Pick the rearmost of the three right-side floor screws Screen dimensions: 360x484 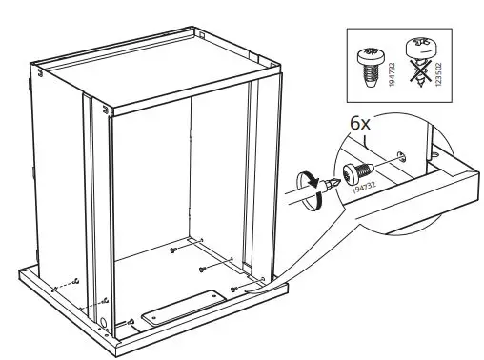pyautogui.click(x=173, y=250)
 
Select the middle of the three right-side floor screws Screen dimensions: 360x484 pyautogui.click(x=203, y=269)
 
